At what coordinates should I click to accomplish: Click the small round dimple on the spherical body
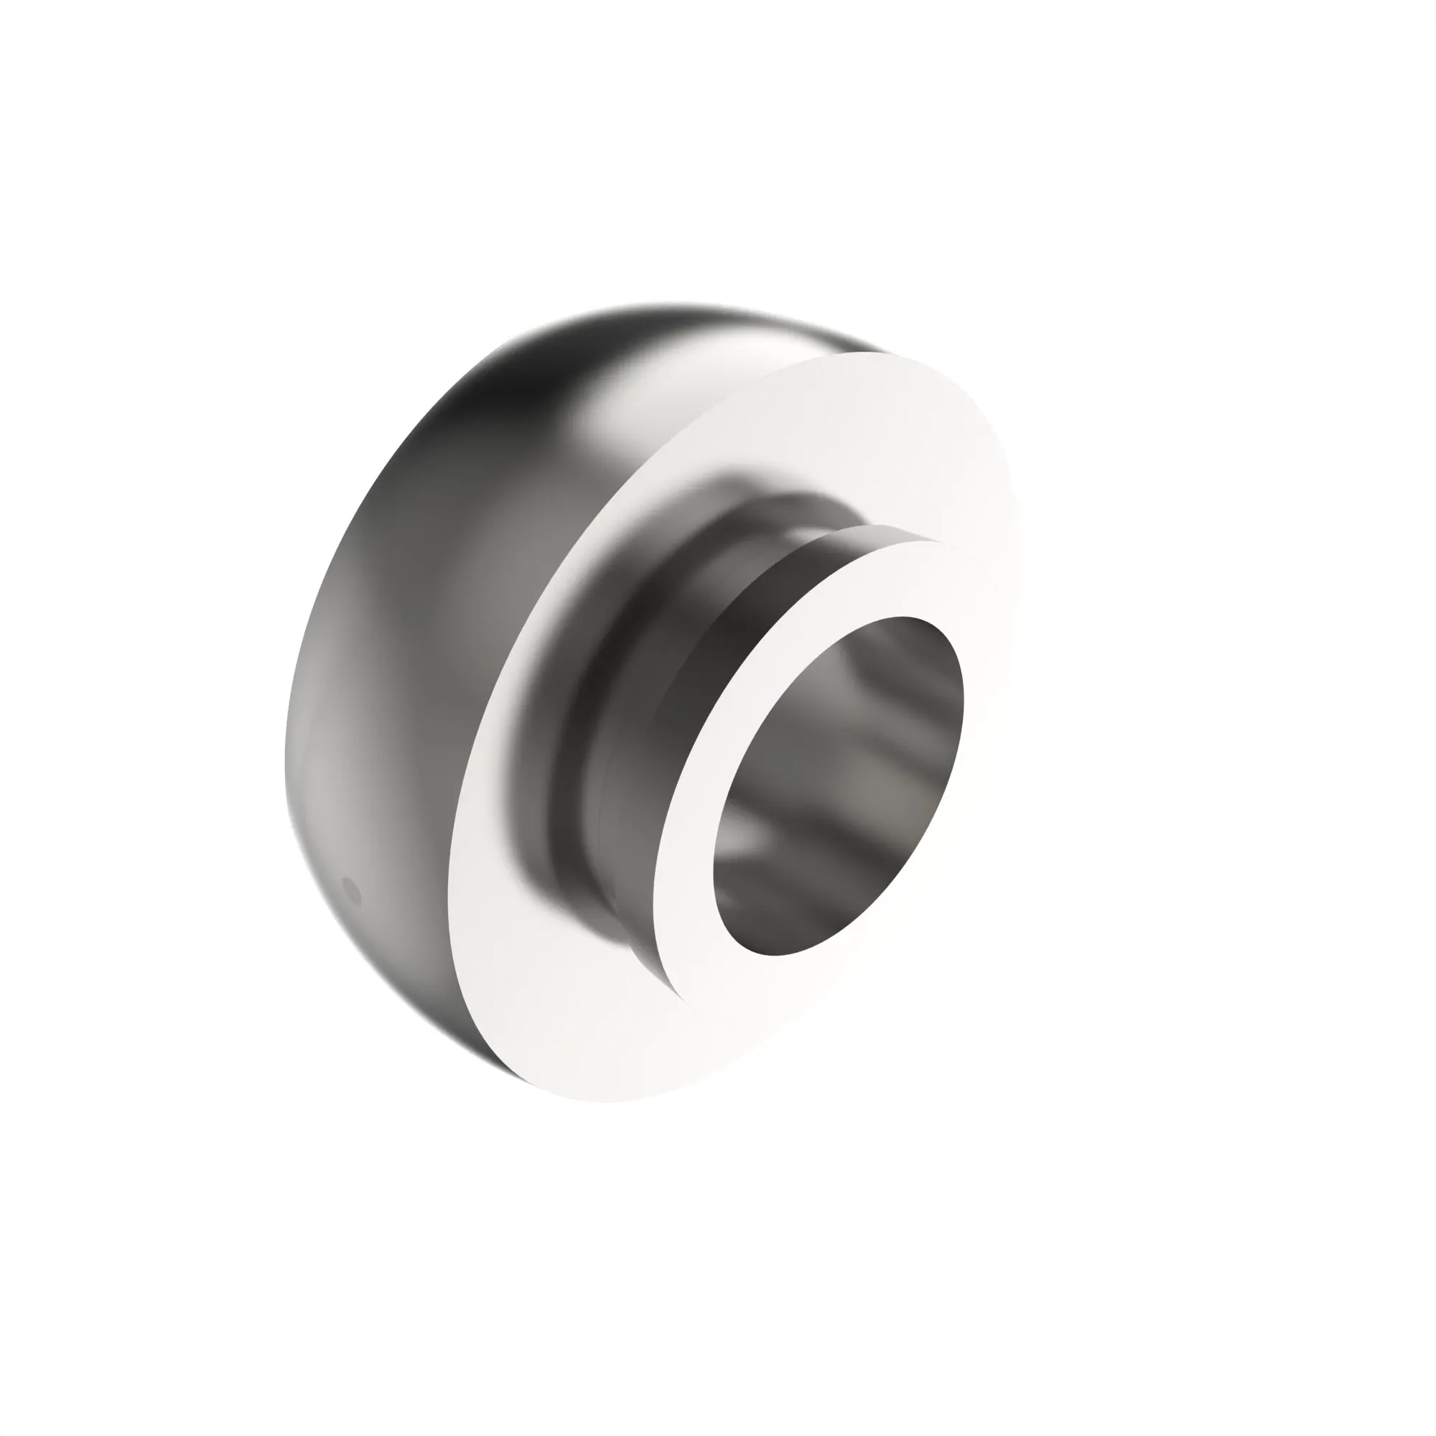pos(351,889)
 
